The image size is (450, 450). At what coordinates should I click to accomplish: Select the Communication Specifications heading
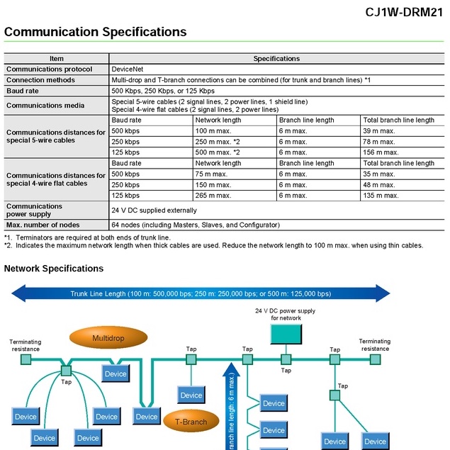pyautogui.click(x=96, y=32)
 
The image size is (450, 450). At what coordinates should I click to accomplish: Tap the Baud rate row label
pyautogui.click(x=26, y=91)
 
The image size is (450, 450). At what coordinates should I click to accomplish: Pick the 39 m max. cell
pyautogui.click(x=379, y=131)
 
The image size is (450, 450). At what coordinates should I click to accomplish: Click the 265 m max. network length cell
pyautogui.click(x=213, y=196)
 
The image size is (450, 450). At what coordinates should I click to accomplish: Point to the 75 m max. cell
pyautogui.click(x=211, y=174)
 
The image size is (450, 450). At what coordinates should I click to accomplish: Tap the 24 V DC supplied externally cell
pyautogui.click(x=154, y=210)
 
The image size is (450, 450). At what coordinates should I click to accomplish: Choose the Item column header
pyautogui.click(x=57, y=59)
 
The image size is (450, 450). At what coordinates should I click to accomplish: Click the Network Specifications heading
pyautogui.click(x=54, y=269)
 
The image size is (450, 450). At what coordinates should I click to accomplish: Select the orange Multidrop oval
pyautogui.click(x=108, y=338)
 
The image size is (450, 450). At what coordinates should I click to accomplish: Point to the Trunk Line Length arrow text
pyautogui.click(x=201, y=293)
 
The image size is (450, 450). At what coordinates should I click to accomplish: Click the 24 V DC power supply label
pyautogui.click(x=286, y=314)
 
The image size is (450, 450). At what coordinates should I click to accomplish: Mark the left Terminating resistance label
pyautogui.click(x=25, y=345)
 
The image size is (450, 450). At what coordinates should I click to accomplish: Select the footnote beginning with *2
pyautogui.click(x=213, y=246)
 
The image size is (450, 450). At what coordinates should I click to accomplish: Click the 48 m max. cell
pyautogui.click(x=379, y=184)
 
